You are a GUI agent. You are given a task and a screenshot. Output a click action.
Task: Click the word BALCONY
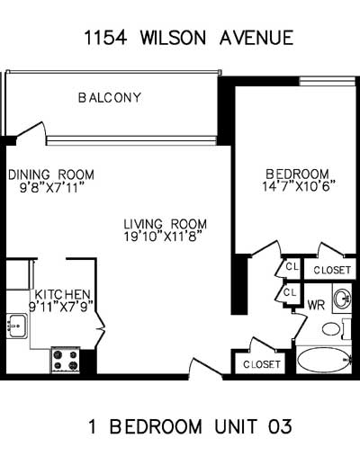(110, 98)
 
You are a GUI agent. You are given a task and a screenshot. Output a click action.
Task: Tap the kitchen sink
(17, 326)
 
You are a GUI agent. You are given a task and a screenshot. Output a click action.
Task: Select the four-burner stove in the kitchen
(66, 360)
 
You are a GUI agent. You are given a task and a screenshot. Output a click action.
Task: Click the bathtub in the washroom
(324, 360)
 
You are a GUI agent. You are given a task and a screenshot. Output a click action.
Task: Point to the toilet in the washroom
(336, 329)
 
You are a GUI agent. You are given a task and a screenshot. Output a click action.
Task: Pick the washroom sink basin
(342, 299)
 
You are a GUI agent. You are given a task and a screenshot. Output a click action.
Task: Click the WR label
(316, 305)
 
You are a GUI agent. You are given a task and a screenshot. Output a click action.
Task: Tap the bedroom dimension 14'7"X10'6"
(298, 186)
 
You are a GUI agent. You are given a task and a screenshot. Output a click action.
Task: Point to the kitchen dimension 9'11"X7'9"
(62, 307)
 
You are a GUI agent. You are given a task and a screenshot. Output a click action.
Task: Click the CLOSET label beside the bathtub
(262, 364)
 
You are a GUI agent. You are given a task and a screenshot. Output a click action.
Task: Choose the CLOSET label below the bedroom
(332, 270)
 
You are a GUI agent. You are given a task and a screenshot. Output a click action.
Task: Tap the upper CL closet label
(292, 266)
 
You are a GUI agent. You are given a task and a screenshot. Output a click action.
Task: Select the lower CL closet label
(290, 292)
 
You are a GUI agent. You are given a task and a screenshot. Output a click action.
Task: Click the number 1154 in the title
(105, 38)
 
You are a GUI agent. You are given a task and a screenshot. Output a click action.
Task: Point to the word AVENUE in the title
(256, 38)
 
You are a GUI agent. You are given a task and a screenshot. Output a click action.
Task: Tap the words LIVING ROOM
(166, 224)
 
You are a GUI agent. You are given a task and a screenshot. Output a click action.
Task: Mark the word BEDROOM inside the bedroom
(298, 174)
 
